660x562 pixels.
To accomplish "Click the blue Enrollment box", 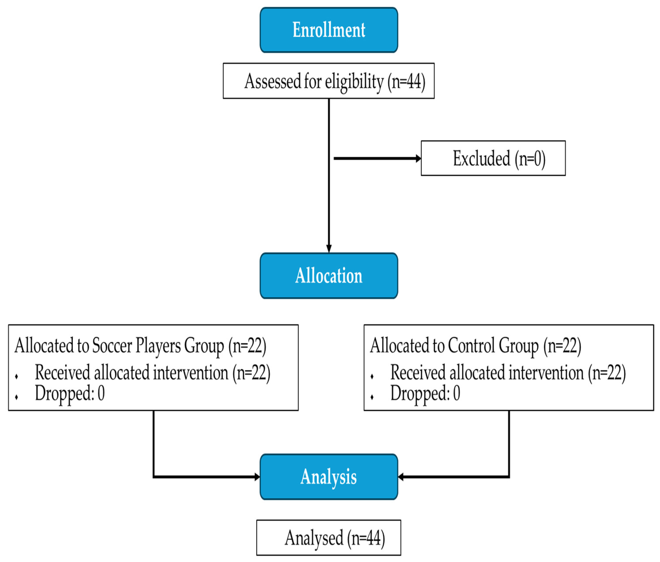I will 329,30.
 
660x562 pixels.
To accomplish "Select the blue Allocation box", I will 329,275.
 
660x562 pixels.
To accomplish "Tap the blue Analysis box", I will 329,477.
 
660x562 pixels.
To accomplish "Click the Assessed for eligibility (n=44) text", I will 335,81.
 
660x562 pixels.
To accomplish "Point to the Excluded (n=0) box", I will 493,158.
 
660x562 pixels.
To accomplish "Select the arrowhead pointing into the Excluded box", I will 418,158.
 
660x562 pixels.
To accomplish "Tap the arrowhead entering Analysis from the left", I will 257,477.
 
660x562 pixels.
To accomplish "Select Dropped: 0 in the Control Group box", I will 425,393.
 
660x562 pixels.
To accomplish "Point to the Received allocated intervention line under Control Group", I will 508,372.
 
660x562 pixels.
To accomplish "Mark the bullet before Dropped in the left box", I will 16,397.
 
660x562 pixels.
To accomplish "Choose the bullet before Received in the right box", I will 372,376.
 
